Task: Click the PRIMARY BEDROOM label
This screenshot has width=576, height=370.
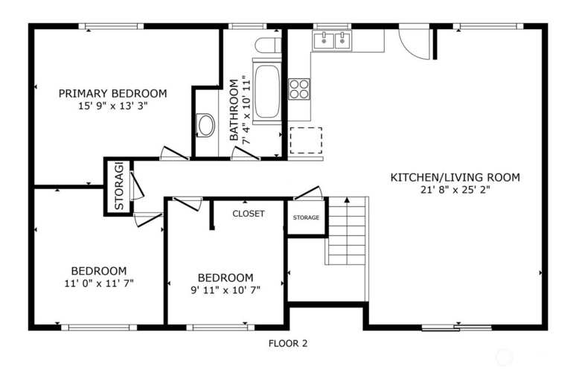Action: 113,93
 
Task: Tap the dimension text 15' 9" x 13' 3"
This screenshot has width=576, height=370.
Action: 113,106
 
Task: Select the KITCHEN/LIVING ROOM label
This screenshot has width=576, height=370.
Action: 455,177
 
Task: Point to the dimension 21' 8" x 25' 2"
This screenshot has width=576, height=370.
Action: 455,190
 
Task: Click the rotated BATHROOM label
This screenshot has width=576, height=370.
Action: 234,109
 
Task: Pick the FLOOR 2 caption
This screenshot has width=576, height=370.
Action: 288,343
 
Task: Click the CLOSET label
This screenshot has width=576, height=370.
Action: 249,214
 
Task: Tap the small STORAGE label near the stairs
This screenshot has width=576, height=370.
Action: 306,217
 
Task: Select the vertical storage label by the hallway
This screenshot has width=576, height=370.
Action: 119,186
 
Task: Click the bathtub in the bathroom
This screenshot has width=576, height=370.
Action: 266,91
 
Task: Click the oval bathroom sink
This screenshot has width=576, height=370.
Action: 205,125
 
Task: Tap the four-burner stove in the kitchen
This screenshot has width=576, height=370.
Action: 298,89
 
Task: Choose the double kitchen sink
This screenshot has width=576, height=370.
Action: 332,40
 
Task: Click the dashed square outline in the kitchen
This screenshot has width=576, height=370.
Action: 306,141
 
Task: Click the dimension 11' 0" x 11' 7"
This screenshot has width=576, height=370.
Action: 99,284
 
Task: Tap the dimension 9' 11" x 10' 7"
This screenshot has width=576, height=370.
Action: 225,290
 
